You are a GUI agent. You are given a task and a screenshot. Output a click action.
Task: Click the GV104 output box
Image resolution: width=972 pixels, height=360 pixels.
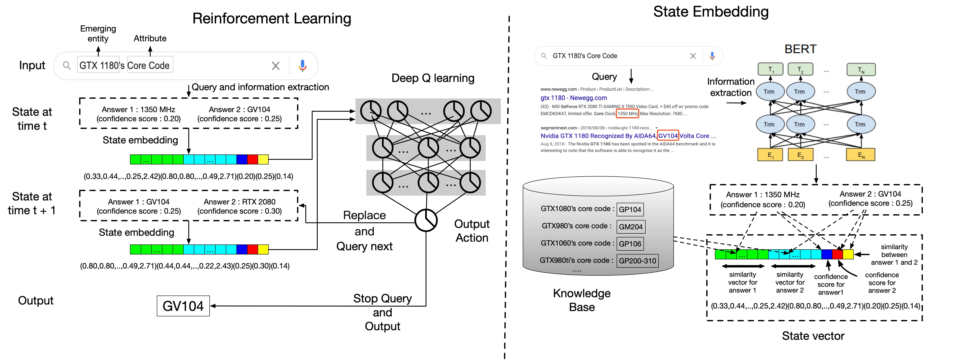click(x=183, y=306)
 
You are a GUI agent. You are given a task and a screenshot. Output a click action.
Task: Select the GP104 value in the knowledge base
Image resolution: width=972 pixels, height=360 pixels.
click(x=630, y=209)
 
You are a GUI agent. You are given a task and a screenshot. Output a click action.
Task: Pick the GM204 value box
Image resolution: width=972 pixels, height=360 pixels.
click(x=630, y=226)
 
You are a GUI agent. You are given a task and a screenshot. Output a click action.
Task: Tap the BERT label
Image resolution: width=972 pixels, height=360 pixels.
click(x=800, y=49)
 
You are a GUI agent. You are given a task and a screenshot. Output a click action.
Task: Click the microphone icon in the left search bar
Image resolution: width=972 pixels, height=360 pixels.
click(x=302, y=66)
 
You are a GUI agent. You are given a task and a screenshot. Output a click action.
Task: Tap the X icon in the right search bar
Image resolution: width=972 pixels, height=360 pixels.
click(x=693, y=56)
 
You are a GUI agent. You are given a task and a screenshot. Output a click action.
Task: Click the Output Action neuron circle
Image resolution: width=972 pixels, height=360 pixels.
click(x=426, y=220)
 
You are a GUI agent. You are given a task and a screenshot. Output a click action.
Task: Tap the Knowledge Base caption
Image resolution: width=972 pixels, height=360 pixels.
click(x=582, y=300)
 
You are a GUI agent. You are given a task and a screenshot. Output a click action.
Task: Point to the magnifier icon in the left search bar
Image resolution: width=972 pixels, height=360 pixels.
click(x=67, y=66)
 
